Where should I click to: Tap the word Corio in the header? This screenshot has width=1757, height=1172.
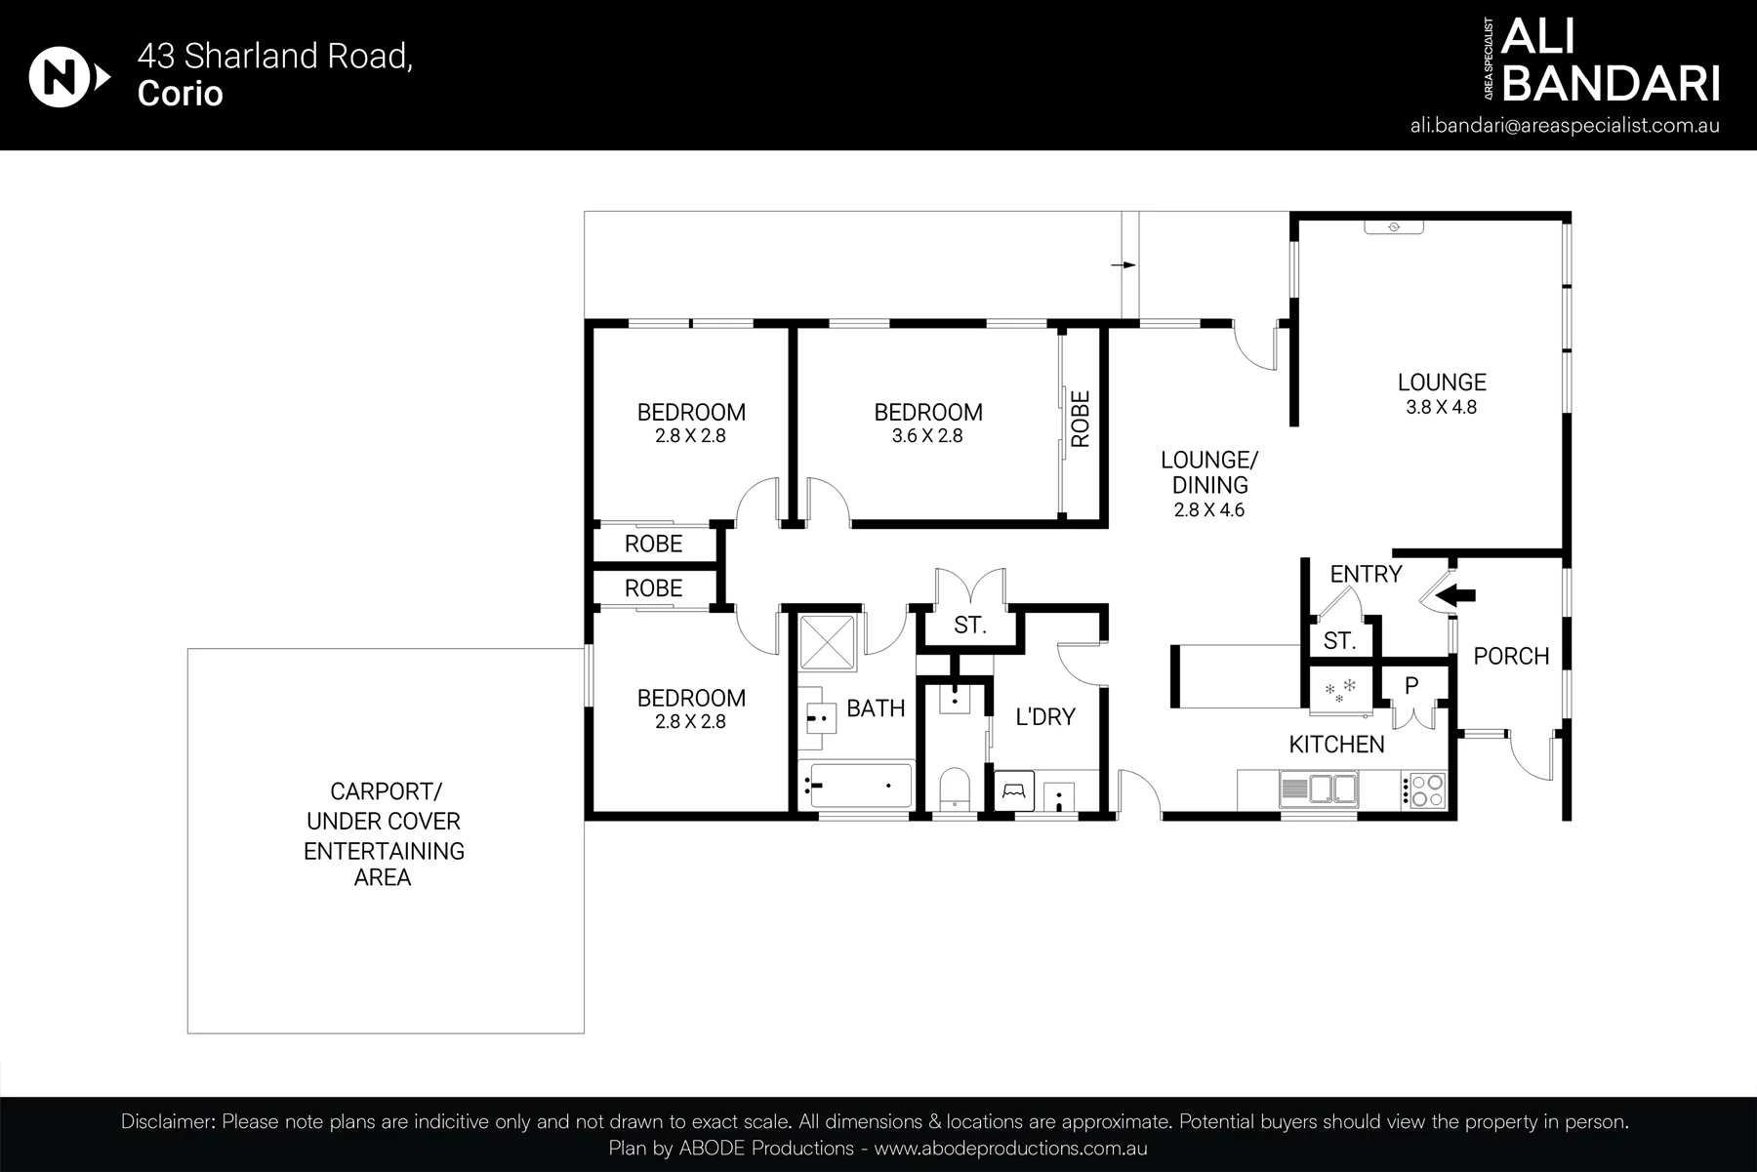click(181, 94)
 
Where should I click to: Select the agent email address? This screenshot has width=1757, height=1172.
click(1565, 126)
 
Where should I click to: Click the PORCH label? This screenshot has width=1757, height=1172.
click(1511, 656)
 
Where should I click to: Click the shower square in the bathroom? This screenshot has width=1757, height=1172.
click(827, 643)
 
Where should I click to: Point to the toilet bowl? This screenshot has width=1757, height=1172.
click(953, 789)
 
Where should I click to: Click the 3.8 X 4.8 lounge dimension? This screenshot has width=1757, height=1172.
click(1441, 408)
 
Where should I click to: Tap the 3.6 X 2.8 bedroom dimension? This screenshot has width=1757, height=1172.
click(927, 436)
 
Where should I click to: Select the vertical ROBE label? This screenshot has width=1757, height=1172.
click(1080, 419)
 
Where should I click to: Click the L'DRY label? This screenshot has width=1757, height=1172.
click(1045, 717)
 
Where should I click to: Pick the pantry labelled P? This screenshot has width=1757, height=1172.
click(1411, 686)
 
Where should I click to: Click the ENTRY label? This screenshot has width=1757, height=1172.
click(1366, 574)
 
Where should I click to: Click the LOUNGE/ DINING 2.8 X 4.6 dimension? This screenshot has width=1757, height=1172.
click(1209, 509)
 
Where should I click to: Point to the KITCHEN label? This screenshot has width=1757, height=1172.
click(1336, 745)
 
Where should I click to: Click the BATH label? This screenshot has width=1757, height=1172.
click(876, 708)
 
